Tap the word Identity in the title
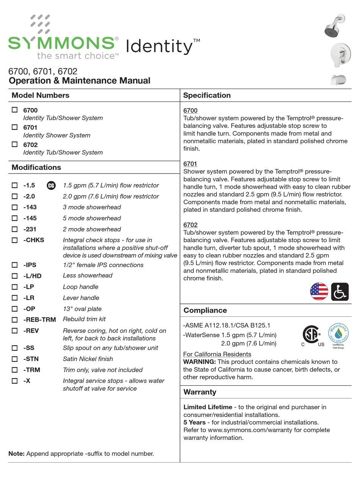point(159,47)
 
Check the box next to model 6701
point(15,127)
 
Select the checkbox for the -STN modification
point(15,359)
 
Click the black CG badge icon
point(51,186)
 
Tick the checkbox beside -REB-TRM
point(15,319)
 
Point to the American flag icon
point(319,292)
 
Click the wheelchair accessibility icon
point(340,292)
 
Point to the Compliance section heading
point(205,310)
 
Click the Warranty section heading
point(200,392)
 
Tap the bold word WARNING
point(199,362)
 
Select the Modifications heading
point(36,167)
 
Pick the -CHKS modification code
point(34,240)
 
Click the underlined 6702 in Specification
point(190,225)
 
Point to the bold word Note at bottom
point(16,454)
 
